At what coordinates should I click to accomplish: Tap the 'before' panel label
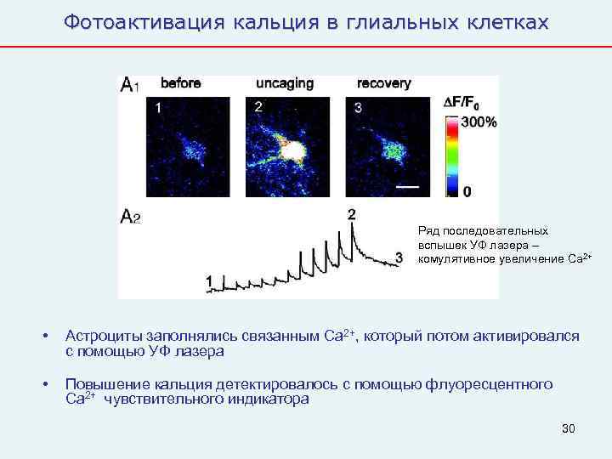180,83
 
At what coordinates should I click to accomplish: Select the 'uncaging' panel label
285,83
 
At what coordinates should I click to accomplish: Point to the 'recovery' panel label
383,83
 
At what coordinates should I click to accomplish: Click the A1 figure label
129,84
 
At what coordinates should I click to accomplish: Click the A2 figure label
130,217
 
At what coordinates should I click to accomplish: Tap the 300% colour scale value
479,122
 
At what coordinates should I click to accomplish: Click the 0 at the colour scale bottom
467,192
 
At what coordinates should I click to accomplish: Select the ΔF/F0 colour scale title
462,103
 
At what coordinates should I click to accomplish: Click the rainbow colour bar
450,153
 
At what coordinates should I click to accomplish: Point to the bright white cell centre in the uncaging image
294,151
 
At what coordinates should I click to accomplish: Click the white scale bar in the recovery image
408,184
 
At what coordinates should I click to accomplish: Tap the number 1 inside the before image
157,108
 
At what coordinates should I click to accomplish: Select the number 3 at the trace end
399,257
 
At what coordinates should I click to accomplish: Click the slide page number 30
569,428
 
